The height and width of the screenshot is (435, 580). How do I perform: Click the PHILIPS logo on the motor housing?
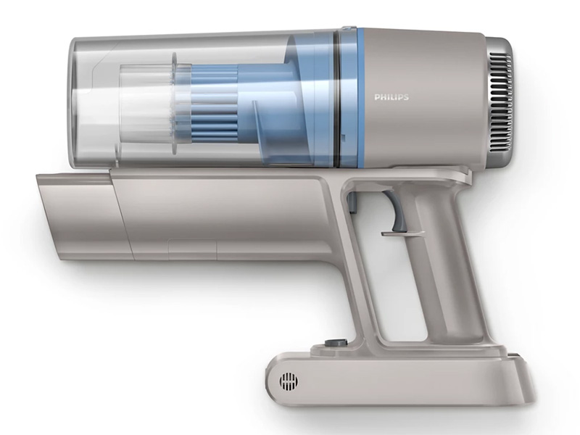[391, 97]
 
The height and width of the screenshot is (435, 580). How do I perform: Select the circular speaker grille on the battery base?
[289, 381]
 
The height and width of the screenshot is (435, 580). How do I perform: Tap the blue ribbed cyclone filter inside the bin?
[215, 104]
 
